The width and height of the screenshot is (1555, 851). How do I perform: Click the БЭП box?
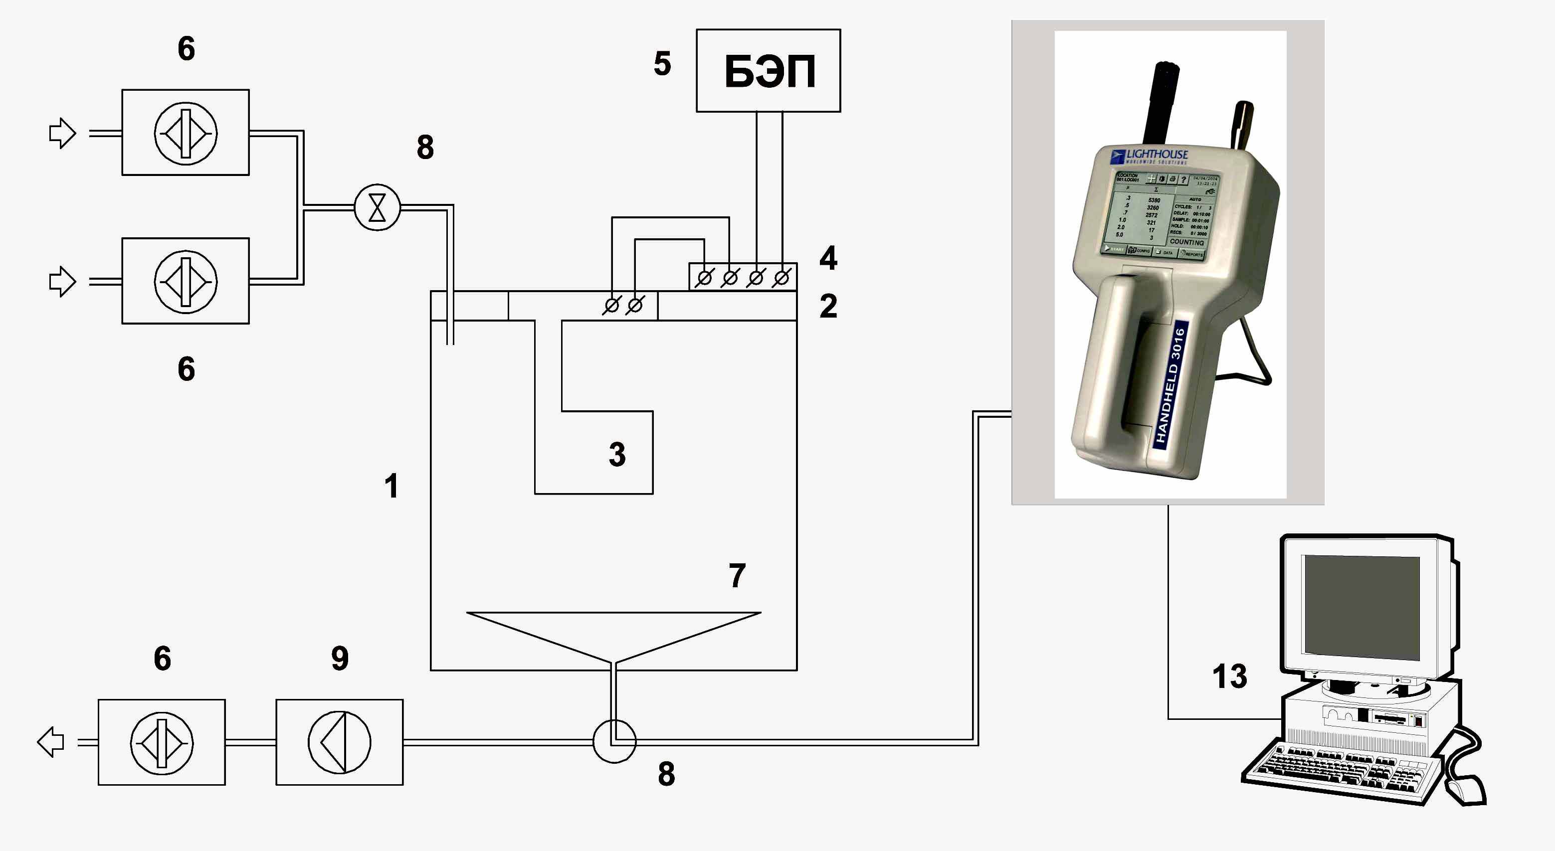point(768,71)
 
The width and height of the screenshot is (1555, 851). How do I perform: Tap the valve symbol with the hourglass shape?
point(377,207)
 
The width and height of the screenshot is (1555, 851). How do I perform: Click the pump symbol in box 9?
point(339,742)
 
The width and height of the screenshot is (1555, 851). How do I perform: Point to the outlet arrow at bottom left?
point(51,742)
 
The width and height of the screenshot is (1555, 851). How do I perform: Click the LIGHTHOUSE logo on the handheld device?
point(1150,156)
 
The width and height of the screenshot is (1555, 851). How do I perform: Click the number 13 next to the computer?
point(1230,676)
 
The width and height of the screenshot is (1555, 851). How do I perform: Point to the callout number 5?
point(662,63)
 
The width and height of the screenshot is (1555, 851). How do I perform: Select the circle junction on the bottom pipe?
point(614,742)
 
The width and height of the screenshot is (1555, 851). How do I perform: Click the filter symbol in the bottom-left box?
point(162,742)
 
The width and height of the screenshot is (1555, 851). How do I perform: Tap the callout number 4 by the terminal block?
point(828,258)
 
